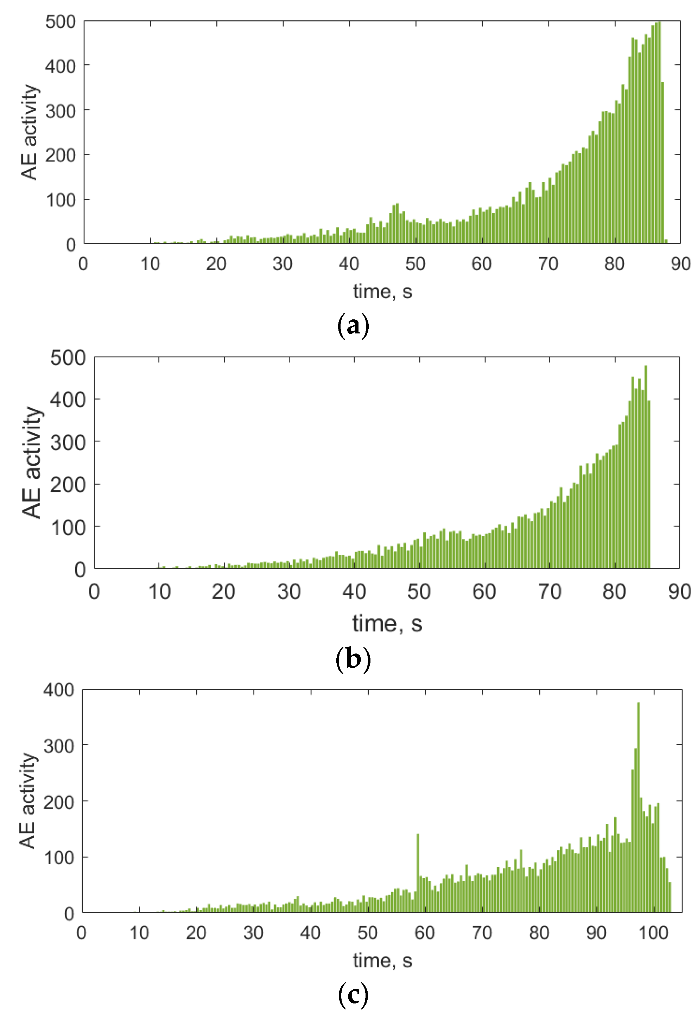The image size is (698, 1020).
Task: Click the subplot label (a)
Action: click(x=353, y=326)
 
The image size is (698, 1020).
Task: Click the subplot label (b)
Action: click(x=353, y=658)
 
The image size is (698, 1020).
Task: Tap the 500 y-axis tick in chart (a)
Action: click(x=61, y=22)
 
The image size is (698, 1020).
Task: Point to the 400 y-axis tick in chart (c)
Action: click(x=59, y=690)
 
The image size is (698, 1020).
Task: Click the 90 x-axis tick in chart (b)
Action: click(x=679, y=592)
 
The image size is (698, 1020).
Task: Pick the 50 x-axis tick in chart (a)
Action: click(x=415, y=264)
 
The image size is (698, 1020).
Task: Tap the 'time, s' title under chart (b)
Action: click(x=387, y=623)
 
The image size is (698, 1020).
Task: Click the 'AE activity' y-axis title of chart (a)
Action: click(x=30, y=132)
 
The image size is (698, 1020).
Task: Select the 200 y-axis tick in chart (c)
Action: click(x=59, y=802)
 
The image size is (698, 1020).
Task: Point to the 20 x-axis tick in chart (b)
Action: click(x=223, y=592)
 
